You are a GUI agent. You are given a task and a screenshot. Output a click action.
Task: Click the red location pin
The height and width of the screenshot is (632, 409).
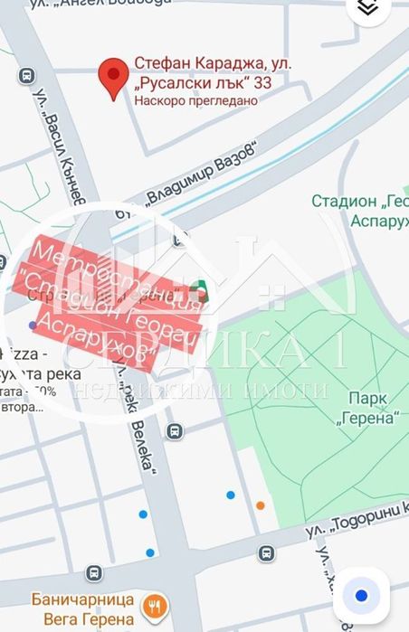click(112, 79)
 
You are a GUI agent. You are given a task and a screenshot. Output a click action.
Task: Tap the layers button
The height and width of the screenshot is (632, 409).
click(367, 8)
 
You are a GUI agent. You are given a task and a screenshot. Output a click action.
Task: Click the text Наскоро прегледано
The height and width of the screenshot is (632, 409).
click(195, 101)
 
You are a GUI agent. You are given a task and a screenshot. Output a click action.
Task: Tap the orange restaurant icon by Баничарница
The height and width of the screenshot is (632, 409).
click(156, 606)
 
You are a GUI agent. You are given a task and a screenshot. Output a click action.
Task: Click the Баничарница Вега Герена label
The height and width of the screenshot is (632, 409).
click(89, 608)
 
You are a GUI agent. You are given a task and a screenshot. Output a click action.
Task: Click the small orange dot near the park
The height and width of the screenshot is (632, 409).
click(261, 505)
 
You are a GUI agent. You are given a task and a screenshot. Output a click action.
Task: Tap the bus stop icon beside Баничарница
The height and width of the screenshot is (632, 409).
click(93, 572)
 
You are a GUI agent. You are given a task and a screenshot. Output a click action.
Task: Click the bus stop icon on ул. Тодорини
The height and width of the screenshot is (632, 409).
click(266, 552)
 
